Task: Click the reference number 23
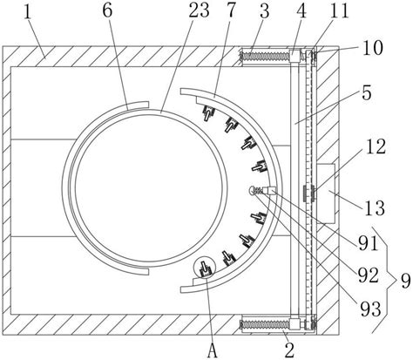[x=199, y=10]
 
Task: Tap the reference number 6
[x=107, y=10]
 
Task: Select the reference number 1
[x=27, y=11]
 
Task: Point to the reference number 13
[x=375, y=208]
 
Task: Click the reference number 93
[x=370, y=309]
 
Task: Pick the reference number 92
[x=369, y=275]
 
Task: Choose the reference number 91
[x=368, y=243]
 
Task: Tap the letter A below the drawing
[x=213, y=350]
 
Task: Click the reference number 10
[x=373, y=48]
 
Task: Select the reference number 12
[x=376, y=146]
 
